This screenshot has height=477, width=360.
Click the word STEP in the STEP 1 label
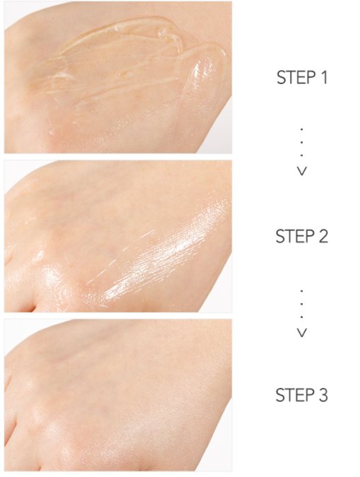point(294,78)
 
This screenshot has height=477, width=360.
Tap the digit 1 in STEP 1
point(323,78)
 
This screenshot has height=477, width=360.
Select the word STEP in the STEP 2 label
point(294,236)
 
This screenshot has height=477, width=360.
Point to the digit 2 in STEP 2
point(323,236)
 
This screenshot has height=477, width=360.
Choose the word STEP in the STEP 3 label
point(294,394)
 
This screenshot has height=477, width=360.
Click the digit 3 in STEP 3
point(323,394)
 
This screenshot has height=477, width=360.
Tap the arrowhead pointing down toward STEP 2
point(302,171)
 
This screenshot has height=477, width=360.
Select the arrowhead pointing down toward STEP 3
point(302,331)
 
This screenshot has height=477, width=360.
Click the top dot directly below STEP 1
point(302,129)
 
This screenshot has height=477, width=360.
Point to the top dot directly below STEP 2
point(302,290)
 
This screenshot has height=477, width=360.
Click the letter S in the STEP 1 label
point(281,78)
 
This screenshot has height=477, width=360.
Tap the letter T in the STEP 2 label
point(290,236)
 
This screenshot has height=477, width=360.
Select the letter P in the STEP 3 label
point(308,394)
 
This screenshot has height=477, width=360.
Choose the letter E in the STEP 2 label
point(299,236)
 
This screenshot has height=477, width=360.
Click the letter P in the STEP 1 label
point(308,78)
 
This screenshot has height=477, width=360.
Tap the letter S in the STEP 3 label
point(281,394)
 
